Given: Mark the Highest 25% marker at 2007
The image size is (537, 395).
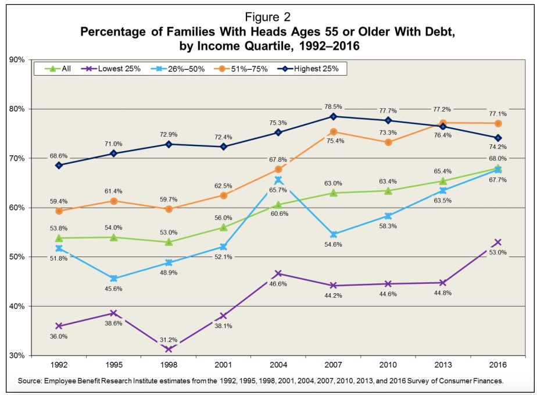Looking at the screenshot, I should coord(334,116).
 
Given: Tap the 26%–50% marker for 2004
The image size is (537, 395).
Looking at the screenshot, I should coord(279,180).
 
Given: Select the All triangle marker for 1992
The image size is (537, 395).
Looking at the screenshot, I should coord(59,238).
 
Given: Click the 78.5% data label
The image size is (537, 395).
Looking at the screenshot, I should coord(333,106).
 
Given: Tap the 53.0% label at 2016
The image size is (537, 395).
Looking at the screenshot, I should coord(498,252).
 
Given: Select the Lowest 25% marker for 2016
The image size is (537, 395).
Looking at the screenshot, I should coord(498,242).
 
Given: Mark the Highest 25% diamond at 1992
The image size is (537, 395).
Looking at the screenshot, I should coord(59,165).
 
